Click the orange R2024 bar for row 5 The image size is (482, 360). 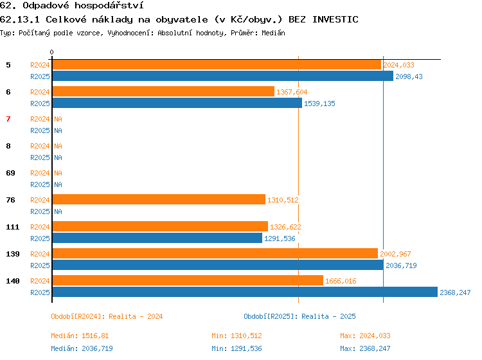coord(217,64)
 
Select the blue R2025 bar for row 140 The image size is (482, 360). coord(245,292)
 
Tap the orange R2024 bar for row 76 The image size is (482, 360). coord(159,199)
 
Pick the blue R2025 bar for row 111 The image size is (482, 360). coord(157,238)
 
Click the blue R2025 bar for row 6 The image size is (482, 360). coord(177,103)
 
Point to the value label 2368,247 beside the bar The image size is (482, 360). coord(455,292)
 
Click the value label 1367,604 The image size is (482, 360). coord(292,92)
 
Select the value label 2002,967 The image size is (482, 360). coord(395,254)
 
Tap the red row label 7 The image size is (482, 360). coord(8,119)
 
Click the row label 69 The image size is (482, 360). coord(10,173)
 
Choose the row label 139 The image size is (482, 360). coord(13,254)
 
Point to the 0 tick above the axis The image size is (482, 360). coord(51,52)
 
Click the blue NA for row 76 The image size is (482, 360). coord(58,212)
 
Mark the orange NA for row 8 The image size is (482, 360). coord(58,146)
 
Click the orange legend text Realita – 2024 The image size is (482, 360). coord(136,316)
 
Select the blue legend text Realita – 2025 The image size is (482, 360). coord(328,316)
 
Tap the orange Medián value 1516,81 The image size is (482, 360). coord(95,336)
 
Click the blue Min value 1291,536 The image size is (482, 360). coord(246,348)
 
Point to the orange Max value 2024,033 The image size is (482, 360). coord(375,336)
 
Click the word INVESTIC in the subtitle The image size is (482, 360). coord(335,19)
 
